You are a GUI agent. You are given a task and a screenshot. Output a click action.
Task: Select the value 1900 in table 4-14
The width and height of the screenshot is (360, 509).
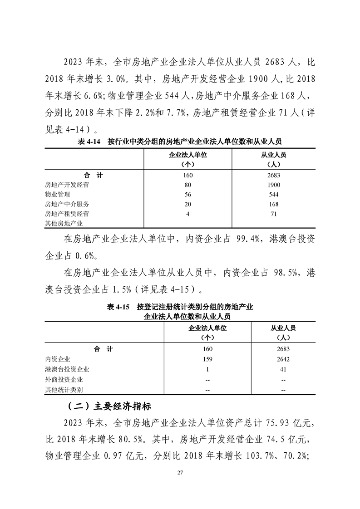click(x=274, y=185)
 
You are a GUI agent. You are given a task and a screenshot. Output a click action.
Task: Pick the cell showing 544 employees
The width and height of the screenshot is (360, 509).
click(x=274, y=194)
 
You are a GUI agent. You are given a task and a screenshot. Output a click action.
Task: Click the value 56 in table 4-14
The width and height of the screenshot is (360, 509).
click(x=188, y=194)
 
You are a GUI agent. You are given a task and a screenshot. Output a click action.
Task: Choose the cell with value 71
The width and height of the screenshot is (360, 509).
click(x=274, y=214)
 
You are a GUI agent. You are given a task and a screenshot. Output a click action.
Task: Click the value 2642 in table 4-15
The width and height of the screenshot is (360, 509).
click(x=283, y=359)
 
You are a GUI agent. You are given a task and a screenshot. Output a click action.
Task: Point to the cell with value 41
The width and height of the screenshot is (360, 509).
click(x=283, y=369)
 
